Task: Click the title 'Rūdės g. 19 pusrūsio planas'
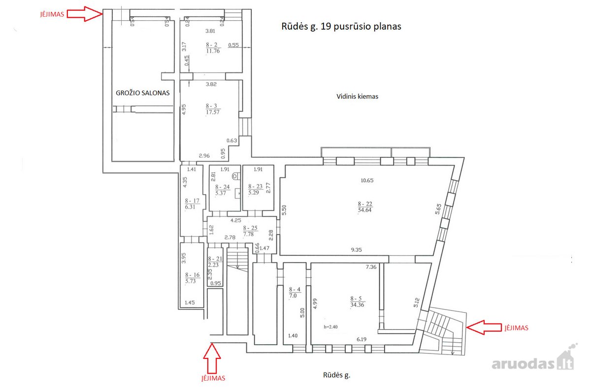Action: tap(341, 27)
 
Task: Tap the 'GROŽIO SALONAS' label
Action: tap(143, 93)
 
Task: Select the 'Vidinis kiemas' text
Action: tap(357, 97)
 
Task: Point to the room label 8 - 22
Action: tap(365, 204)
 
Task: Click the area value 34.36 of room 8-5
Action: tap(357, 305)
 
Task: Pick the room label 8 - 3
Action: tap(212, 106)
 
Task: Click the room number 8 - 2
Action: tap(212, 45)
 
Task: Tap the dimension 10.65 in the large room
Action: tap(367, 181)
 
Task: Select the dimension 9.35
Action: tap(357, 249)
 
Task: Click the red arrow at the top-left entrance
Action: tap(84, 14)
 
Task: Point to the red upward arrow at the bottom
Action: tap(212, 358)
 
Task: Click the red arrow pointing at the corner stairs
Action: tap(484, 327)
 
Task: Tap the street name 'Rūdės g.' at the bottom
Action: tap(337, 375)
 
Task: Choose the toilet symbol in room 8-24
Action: tap(236, 176)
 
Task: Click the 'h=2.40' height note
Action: tap(330, 327)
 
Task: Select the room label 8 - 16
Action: tap(193, 275)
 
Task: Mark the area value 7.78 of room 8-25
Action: tap(249, 234)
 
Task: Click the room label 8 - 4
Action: tap(295, 289)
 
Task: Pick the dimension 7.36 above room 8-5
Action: tap(371, 267)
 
